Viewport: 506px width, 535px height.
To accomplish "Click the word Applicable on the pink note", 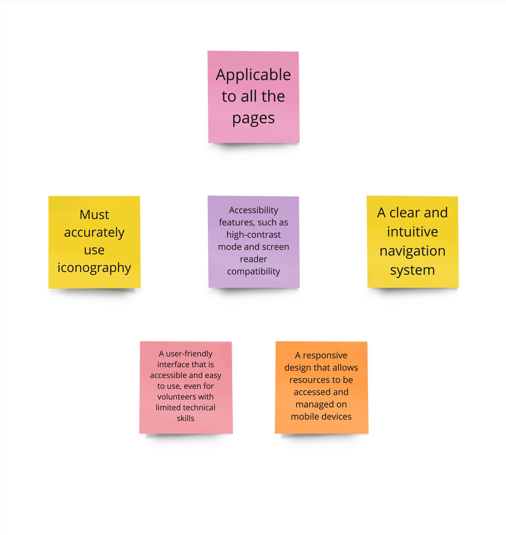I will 253,75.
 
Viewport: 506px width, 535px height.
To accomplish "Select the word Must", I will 94,215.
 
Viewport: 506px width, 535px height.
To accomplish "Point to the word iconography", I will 94,268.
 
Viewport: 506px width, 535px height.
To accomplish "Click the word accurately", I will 94,232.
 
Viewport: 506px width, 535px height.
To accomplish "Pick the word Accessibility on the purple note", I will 254,210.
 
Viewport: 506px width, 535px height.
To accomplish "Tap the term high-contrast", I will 254,235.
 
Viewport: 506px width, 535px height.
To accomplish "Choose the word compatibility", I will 254,271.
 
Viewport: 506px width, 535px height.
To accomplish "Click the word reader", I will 254,259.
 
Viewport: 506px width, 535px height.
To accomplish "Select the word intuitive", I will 412,232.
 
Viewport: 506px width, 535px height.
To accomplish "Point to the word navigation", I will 412,251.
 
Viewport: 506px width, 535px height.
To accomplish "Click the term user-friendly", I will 189,354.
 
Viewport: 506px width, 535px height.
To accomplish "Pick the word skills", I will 186,418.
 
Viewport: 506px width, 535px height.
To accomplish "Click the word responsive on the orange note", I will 325,356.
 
